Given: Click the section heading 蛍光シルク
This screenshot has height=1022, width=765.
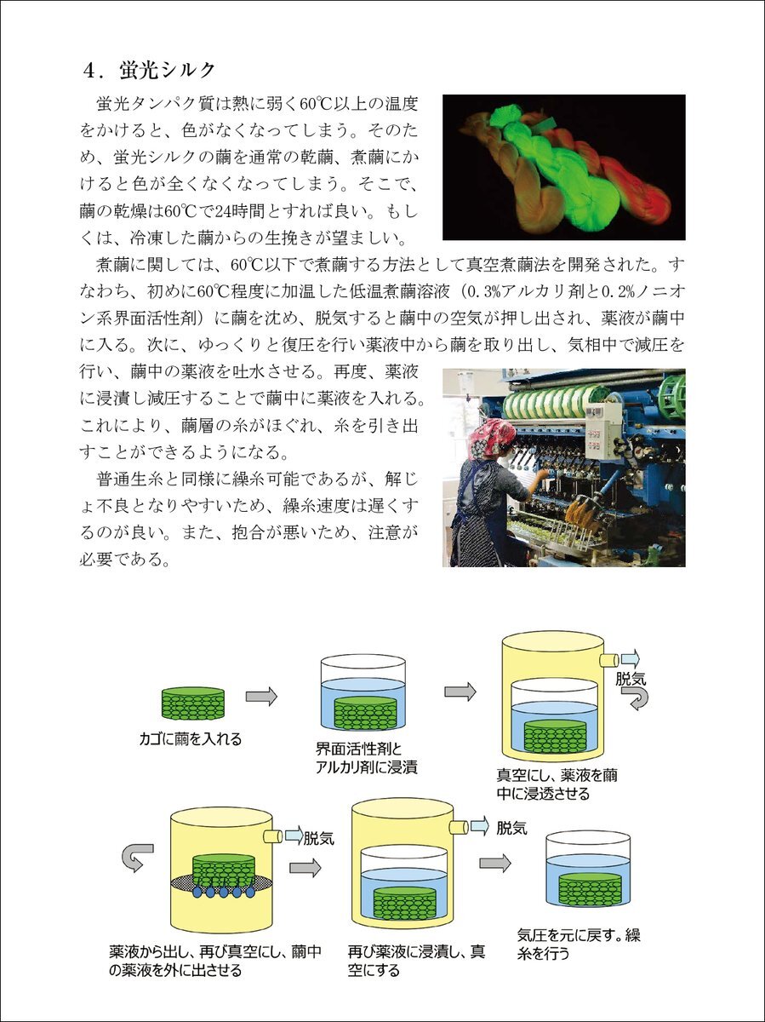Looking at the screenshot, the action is pos(167,71).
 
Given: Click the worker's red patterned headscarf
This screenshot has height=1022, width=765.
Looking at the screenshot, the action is pos(490,437).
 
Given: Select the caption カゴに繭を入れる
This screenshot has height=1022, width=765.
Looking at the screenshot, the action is pos(191,738).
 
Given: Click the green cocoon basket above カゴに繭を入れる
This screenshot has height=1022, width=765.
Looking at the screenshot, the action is pos(192,703).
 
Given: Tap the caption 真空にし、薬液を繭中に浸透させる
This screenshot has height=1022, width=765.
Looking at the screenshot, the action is pos(557,784).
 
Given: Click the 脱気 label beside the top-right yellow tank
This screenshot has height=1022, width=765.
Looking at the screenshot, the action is pos(631,679).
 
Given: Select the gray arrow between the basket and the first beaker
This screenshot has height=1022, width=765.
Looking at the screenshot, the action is pos(261,696).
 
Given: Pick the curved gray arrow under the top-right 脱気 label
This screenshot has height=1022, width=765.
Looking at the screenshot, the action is pos(638,699).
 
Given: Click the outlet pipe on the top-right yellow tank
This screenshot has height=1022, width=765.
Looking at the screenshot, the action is pos(608,660).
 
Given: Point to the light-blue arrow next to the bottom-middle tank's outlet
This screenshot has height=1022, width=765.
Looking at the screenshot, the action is pos(481,825).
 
